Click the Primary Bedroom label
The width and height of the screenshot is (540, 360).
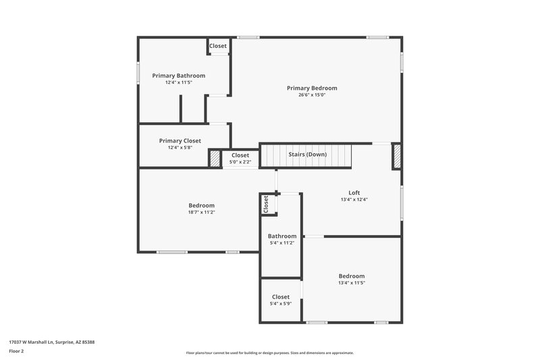(x=312, y=88)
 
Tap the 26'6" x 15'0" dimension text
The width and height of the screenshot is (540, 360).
(x=312, y=95)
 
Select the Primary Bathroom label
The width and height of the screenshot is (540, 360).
(x=178, y=76)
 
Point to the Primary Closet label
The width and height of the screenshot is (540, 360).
(x=180, y=140)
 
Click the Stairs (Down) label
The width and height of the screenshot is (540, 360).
(x=307, y=155)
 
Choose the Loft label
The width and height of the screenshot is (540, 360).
(x=354, y=192)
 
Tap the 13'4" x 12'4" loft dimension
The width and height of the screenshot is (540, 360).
(x=354, y=200)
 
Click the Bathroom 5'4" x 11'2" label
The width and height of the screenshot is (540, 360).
(x=281, y=236)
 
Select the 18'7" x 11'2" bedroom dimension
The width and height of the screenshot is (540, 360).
(x=201, y=212)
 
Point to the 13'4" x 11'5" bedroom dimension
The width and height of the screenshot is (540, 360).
(x=351, y=283)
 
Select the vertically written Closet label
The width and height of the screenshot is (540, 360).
(x=266, y=205)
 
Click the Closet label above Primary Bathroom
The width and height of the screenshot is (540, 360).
(x=218, y=46)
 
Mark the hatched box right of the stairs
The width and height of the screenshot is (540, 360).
(x=397, y=156)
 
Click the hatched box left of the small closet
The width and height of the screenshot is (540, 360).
(x=215, y=158)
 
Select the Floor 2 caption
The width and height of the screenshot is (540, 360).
(x=16, y=351)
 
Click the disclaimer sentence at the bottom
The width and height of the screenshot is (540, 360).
(x=269, y=353)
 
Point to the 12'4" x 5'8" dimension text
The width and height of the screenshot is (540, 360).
(x=180, y=148)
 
